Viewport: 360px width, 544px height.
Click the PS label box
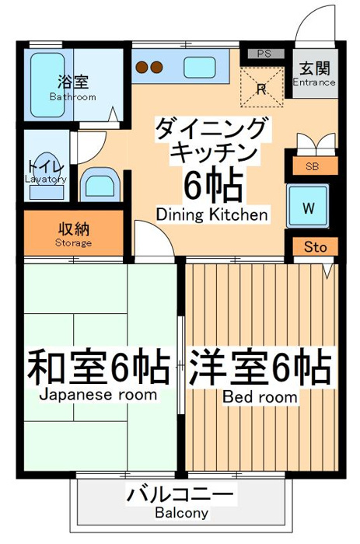click(266, 54)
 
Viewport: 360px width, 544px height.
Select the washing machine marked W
click(308, 206)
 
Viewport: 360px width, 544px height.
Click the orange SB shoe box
click(315, 166)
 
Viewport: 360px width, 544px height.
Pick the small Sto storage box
click(315, 246)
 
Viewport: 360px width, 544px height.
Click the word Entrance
click(314, 82)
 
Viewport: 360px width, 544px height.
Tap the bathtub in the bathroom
click(47, 85)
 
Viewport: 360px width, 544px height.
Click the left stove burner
click(142, 68)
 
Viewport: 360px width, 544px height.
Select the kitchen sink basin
click(199, 68)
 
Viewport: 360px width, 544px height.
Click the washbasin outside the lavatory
click(100, 184)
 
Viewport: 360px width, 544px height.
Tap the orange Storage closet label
click(73, 233)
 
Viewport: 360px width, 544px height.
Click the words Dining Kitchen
click(212, 214)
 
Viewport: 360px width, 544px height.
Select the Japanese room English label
click(98, 395)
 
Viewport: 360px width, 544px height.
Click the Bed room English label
click(260, 396)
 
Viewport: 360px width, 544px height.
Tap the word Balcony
click(182, 513)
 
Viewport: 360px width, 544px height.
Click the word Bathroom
click(72, 97)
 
